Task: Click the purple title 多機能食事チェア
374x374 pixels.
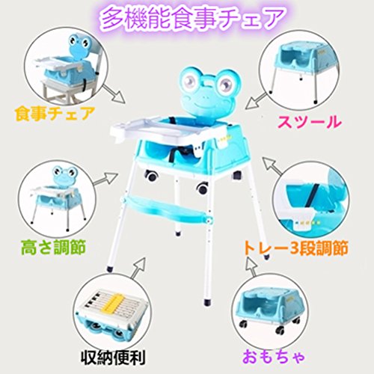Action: (x=192, y=18)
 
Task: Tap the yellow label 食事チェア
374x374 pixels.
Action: (x=55, y=114)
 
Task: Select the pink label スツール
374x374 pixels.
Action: (x=310, y=122)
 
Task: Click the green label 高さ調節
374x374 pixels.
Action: (x=53, y=247)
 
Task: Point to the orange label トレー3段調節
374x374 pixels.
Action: (x=295, y=248)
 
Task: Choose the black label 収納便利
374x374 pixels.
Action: (x=113, y=358)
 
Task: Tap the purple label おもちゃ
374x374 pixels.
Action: (x=274, y=357)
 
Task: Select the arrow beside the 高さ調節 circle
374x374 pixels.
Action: (x=105, y=179)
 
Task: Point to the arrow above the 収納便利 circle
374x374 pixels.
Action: (x=138, y=268)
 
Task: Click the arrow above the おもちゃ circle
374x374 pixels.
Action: (x=251, y=268)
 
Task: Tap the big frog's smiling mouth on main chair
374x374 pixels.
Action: (x=204, y=102)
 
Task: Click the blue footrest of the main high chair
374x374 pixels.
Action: (x=167, y=209)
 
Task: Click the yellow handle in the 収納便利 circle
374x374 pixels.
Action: (x=115, y=302)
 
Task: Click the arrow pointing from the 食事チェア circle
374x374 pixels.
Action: (x=114, y=94)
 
